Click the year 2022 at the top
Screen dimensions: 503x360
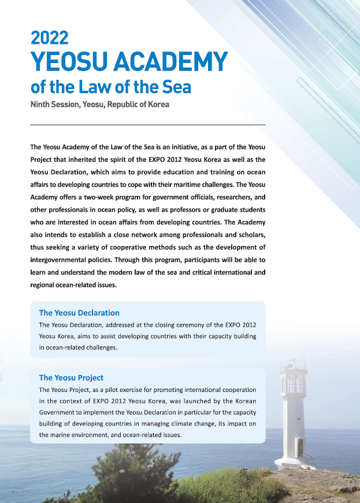[x=50, y=38]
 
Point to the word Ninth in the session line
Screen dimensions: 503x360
[x=42, y=105]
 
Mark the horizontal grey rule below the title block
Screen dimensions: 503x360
[x=147, y=124]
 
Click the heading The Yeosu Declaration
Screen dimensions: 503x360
[x=79, y=313]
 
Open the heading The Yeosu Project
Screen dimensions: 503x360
[x=71, y=378]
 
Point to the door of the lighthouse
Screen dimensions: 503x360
[x=299, y=447]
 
